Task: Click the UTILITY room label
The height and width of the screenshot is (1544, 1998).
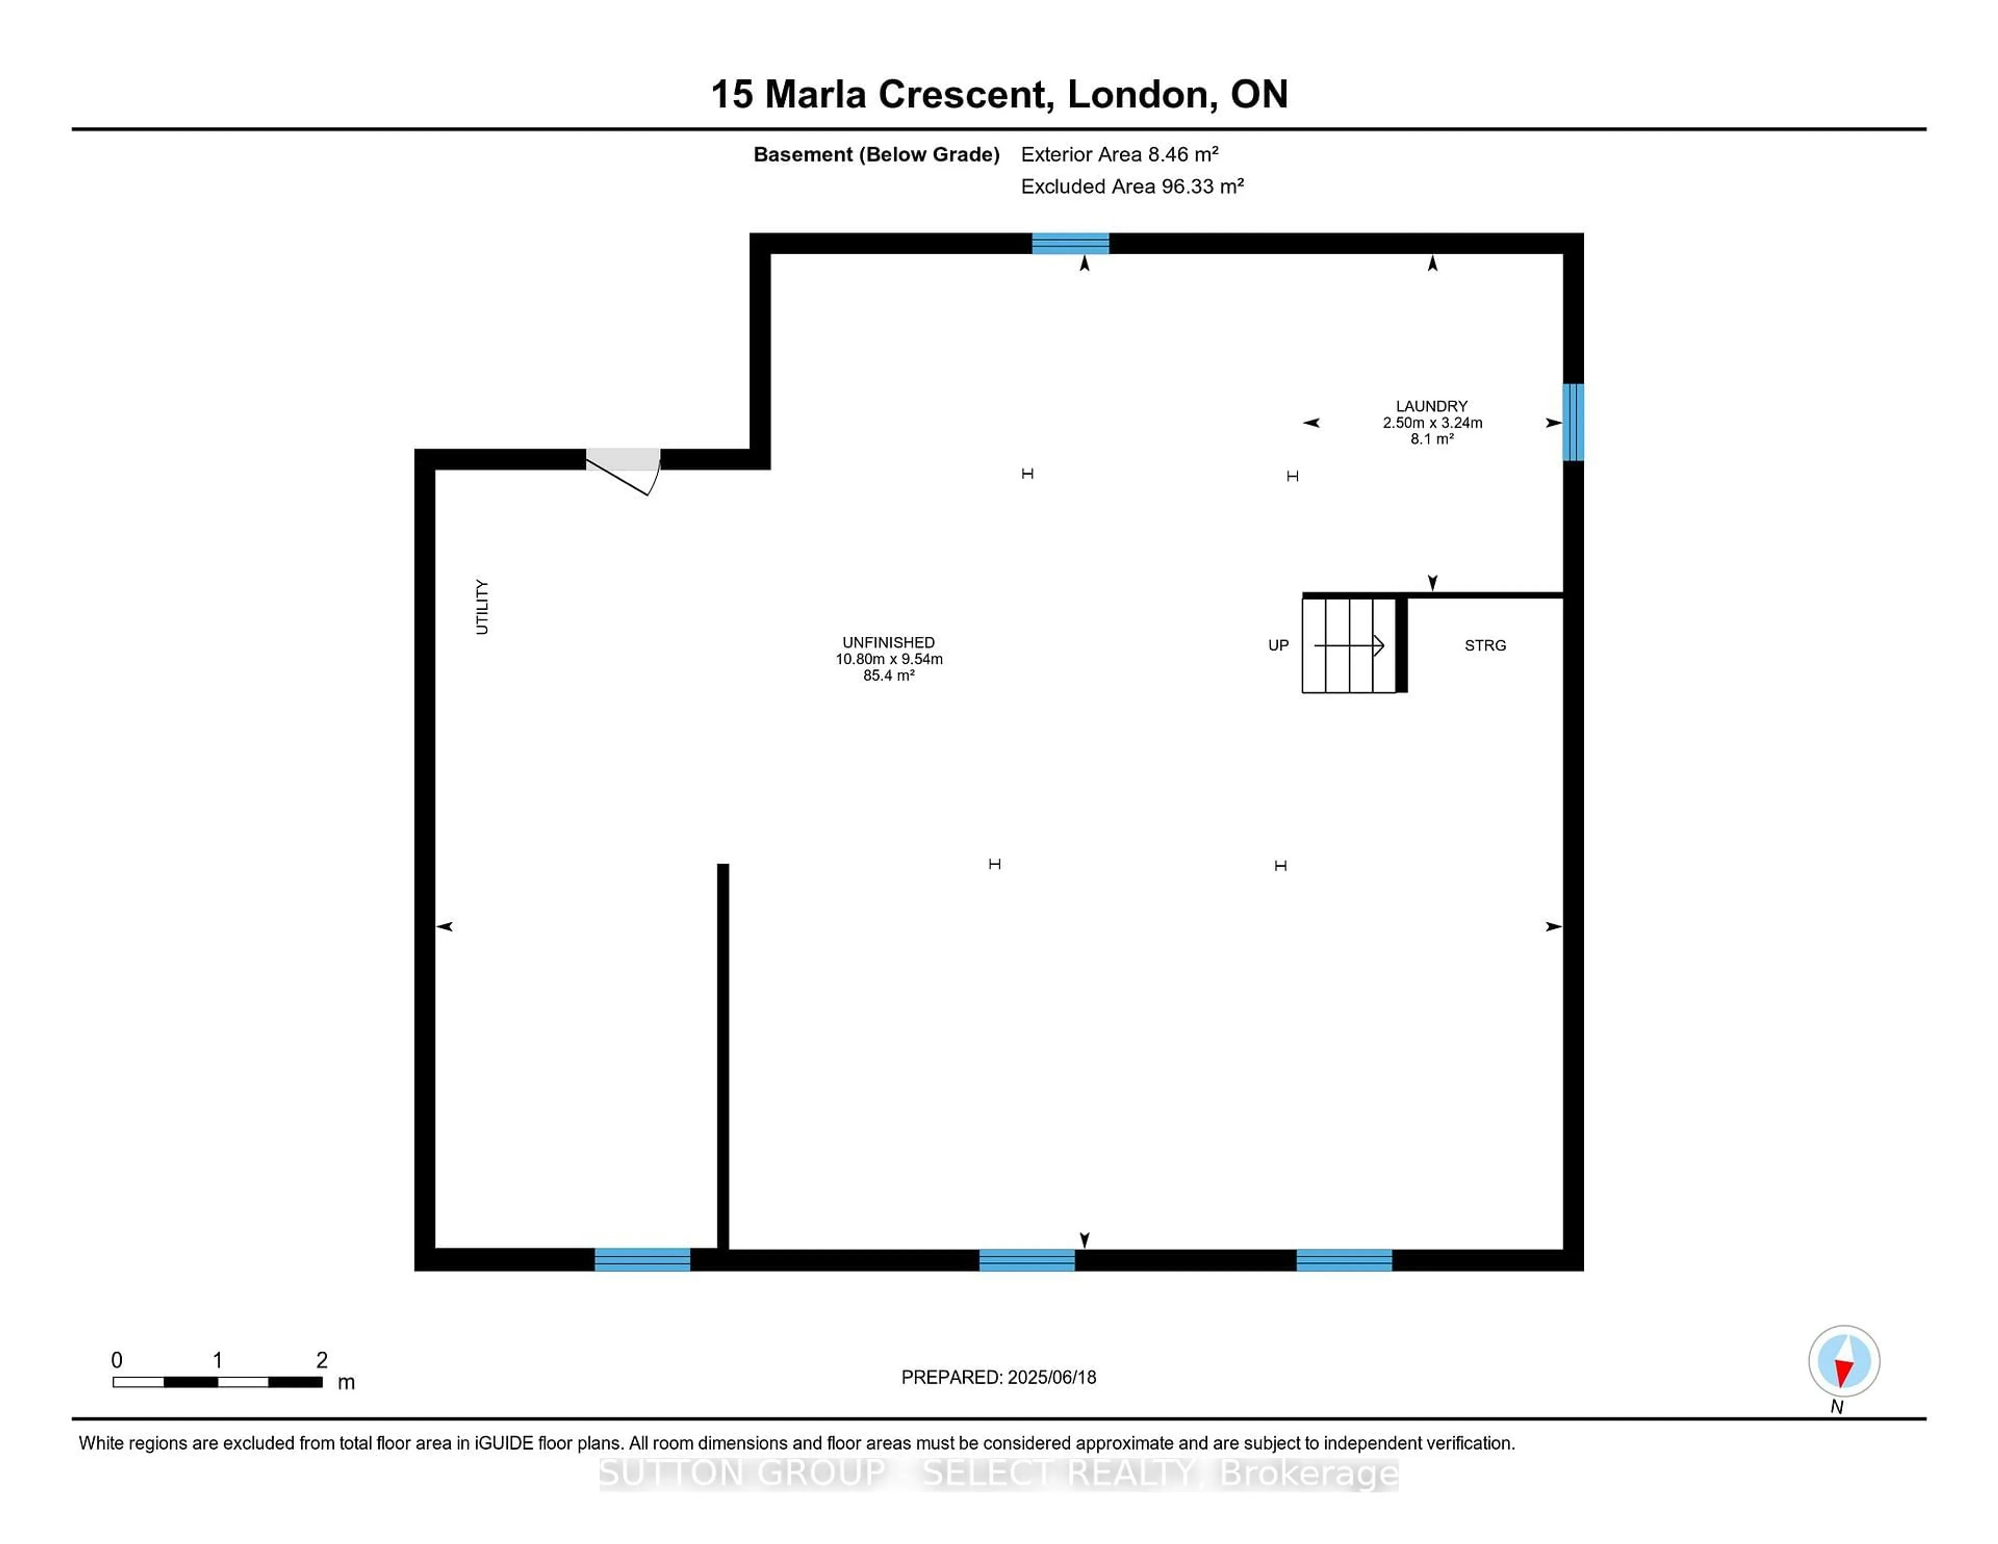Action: coord(482,607)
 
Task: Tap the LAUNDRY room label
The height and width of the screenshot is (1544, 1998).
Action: coord(1432,406)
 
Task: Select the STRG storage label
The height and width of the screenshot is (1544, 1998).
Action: coord(1485,646)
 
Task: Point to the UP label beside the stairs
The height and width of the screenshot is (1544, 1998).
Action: coord(1278,646)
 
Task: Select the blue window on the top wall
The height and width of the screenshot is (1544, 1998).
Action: coord(1070,243)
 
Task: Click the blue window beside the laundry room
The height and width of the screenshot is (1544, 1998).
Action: coord(1572,422)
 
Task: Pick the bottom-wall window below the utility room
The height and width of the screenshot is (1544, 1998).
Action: coord(642,1259)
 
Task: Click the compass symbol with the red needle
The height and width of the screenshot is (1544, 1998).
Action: coord(1843,1361)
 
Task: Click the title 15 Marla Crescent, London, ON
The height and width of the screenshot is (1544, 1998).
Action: coord(999,94)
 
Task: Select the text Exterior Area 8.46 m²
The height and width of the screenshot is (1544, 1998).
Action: coord(1120,155)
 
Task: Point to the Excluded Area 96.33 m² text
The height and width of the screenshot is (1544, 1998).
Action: coord(1133,187)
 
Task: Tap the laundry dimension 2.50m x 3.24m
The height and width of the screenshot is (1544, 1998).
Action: coord(1432,422)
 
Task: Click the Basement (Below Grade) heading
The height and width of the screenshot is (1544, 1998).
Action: coord(876,155)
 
